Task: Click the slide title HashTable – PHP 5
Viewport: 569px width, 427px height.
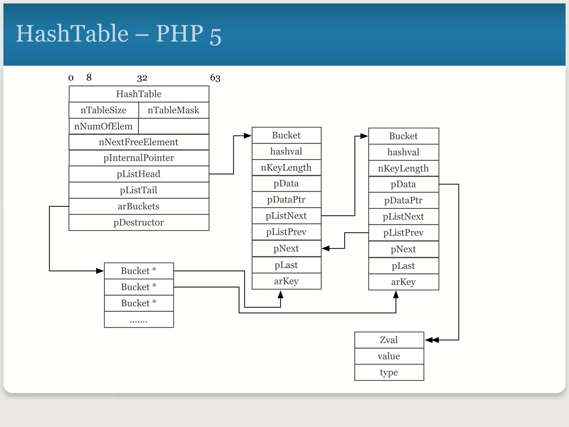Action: pos(118,34)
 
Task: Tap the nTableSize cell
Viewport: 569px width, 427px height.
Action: pos(103,110)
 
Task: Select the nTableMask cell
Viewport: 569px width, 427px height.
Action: pos(173,110)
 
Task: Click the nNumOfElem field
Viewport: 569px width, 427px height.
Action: pos(103,126)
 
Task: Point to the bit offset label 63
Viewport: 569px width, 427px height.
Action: pos(215,78)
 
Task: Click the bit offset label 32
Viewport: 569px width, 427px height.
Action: pos(142,78)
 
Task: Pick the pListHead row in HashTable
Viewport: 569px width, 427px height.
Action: pos(139,174)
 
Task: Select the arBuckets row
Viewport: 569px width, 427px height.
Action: pos(139,206)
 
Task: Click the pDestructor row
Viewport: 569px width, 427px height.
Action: pos(139,222)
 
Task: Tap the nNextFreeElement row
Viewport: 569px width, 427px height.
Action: pos(139,142)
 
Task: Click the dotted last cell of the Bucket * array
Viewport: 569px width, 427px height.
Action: pos(139,320)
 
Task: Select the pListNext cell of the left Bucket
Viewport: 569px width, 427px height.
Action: pos(286,216)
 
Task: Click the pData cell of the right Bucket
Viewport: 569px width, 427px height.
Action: pos(403,184)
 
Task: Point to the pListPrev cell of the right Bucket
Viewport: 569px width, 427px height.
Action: pos(403,233)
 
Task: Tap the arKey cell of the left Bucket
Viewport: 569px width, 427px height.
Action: pos(286,281)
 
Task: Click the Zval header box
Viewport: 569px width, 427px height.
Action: pos(389,340)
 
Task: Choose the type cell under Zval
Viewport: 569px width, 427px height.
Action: pos(389,372)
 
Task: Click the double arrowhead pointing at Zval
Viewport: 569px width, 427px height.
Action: pos(432,340)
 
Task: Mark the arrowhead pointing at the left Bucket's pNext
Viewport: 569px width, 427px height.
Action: pos(326,248)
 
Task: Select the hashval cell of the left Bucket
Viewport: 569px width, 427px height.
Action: pos(286,152)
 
